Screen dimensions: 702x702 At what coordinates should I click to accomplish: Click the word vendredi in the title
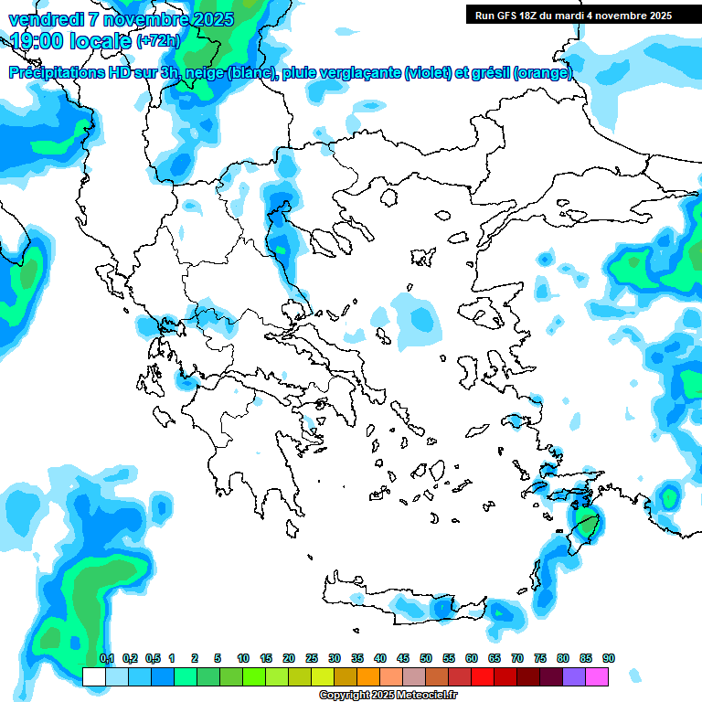pos(43,18)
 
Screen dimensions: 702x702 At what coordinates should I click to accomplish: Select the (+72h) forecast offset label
pos(158,40)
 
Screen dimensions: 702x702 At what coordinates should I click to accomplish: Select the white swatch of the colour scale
pos(93,676)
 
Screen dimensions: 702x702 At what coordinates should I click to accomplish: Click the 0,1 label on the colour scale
pos(106,658)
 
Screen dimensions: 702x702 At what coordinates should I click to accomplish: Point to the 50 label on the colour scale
pos(426,658)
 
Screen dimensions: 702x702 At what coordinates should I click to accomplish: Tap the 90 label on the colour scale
pos(609,658)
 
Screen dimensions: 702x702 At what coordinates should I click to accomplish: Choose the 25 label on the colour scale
pos(312,658)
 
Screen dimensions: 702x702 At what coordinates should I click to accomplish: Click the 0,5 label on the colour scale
pos(152,658)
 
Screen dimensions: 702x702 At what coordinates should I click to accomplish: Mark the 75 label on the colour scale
pos(540,658)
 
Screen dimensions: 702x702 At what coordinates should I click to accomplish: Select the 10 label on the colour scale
pos(243,658)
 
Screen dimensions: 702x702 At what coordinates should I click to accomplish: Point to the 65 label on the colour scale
pos(495,658)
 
